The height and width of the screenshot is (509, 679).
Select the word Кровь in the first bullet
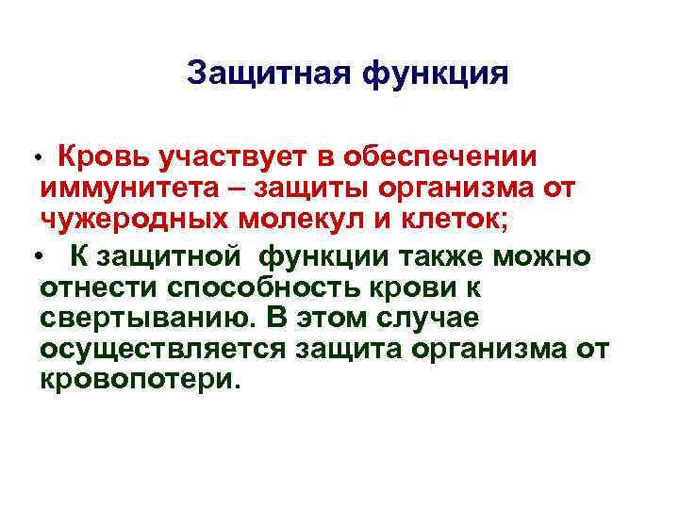(x=105, y=156)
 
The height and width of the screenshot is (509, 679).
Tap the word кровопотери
(x=141, y=383)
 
